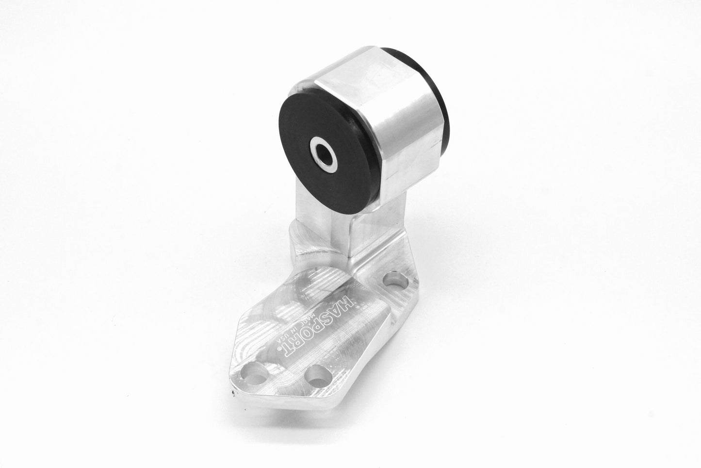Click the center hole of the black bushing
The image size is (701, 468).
[321, 156]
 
